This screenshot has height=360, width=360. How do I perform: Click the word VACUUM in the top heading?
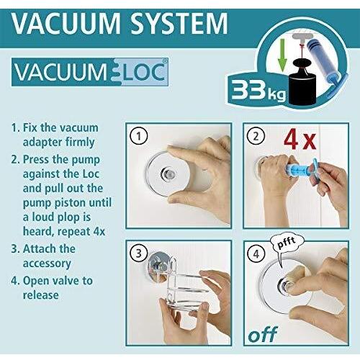coord(66,23)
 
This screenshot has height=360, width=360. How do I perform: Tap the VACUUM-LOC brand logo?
coord(90,72)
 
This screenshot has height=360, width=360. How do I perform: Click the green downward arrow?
coord(283,55)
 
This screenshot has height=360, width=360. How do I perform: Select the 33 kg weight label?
coord(258,90)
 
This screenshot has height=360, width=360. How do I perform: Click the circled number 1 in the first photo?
coord(139,136)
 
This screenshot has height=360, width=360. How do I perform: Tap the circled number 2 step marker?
coord(256,136)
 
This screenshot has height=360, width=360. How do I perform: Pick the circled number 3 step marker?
coord(139,253)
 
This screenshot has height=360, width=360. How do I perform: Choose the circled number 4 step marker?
coord(256,253)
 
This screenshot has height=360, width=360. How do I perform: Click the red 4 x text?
coord(300,139)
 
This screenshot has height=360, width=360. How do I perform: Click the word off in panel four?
coord(263,334)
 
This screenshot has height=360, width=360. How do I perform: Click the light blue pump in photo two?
coord(301,169)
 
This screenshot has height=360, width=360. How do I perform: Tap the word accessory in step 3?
coord(47,264)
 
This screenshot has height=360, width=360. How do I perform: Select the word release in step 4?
coord(41,295)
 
